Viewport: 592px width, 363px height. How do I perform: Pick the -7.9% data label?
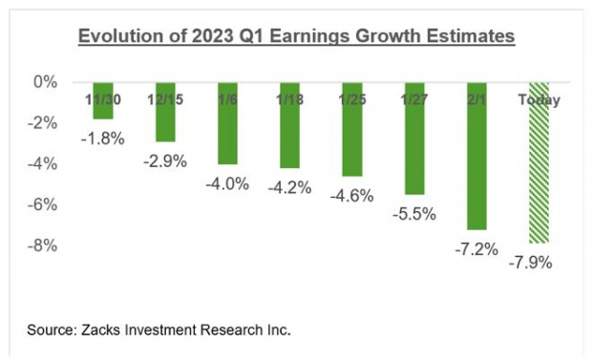pos(539,262)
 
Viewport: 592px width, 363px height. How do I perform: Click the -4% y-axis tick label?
pos(42,164)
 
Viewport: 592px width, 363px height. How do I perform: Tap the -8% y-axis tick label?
pos(42,246)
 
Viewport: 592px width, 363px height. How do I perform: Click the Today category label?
pos(539,99)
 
